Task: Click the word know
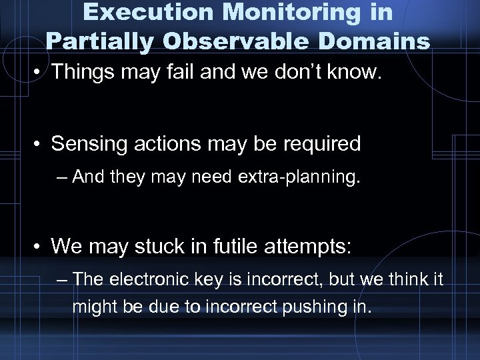(354, 73)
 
